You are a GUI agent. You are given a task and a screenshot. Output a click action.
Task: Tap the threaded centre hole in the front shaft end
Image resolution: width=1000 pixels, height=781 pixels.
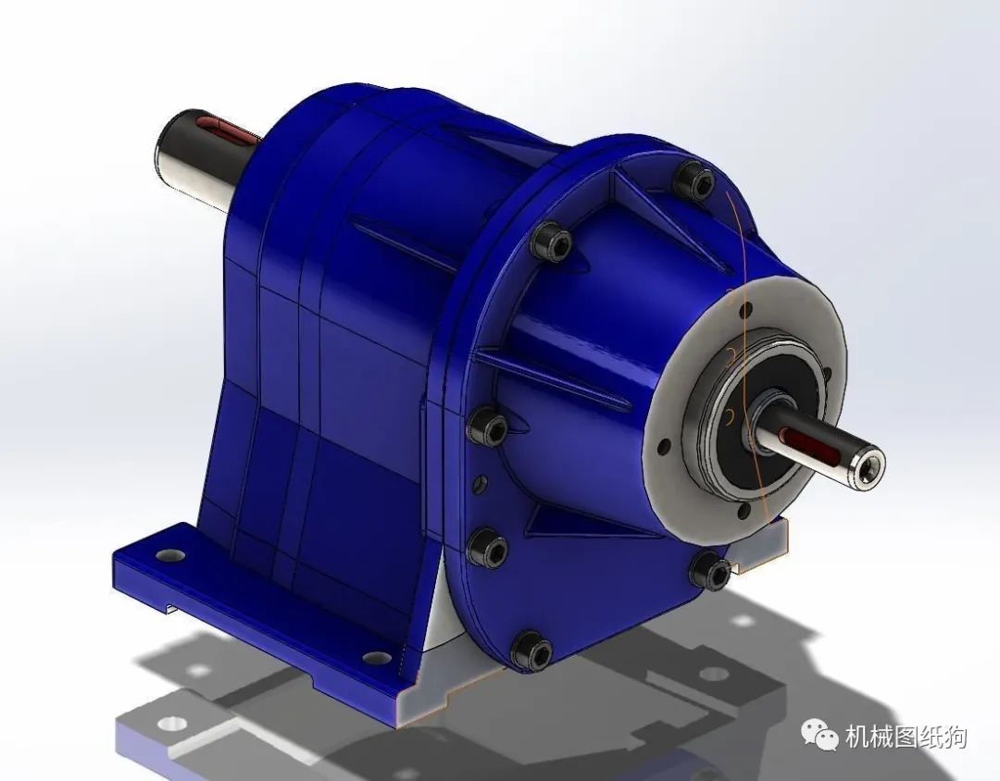pyautogui.click(x=869, y=472)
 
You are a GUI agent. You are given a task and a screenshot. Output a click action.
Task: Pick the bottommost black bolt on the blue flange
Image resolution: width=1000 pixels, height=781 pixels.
pyautogui.click(x=531, y=651)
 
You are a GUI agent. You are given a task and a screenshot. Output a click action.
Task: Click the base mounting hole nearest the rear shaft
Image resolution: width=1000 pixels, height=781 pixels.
pyautogui.click(x=170, y=555)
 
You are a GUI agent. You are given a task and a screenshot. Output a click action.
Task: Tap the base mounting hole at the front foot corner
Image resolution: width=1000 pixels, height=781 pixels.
pyautogui.click(x=377, y=657)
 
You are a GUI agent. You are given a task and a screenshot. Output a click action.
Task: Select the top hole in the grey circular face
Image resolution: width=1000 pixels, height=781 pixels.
pyautogui.click(x=744, y=312)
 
